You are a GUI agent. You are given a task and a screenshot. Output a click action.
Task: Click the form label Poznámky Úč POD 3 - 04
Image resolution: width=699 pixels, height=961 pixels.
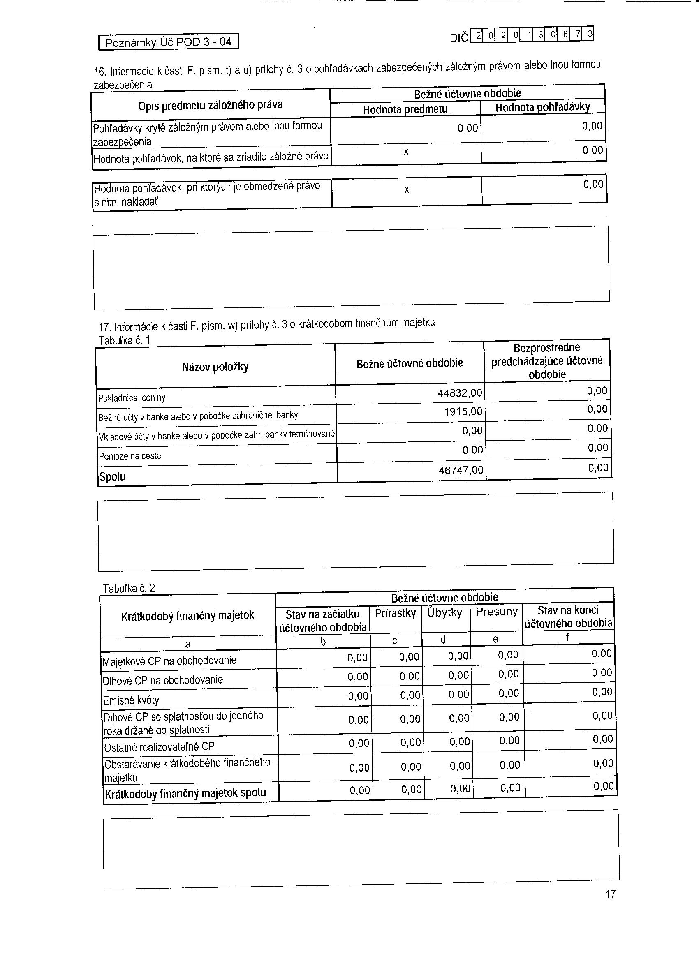169,42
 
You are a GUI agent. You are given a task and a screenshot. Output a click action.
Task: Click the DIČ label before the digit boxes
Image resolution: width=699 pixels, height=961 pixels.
459,38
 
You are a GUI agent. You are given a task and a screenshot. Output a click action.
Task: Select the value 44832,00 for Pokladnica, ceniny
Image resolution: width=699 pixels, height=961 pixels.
460,393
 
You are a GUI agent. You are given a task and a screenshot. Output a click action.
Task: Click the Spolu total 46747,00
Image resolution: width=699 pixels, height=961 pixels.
461,470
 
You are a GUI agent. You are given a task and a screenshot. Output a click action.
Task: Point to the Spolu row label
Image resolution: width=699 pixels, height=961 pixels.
112,477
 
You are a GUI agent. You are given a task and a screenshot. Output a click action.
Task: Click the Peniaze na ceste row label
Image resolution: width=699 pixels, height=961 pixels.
130,456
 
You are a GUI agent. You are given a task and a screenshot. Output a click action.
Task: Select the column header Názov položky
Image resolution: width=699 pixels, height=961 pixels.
215,367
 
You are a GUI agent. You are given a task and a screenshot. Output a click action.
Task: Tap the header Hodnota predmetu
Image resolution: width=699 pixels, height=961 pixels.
405,109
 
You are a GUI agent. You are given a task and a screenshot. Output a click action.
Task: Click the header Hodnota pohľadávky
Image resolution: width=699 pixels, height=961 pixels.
543,108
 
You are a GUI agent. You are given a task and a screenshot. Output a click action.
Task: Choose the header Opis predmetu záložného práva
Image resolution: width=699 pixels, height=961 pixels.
210,105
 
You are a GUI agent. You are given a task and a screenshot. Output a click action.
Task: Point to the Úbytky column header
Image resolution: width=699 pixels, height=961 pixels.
444,613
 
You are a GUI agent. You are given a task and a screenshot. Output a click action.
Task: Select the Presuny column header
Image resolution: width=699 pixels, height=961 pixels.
496,612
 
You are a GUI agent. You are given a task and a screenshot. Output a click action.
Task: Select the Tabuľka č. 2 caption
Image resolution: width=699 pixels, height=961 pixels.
129,588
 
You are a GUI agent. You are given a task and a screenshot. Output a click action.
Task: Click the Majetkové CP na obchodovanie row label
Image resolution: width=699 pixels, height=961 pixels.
169,661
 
